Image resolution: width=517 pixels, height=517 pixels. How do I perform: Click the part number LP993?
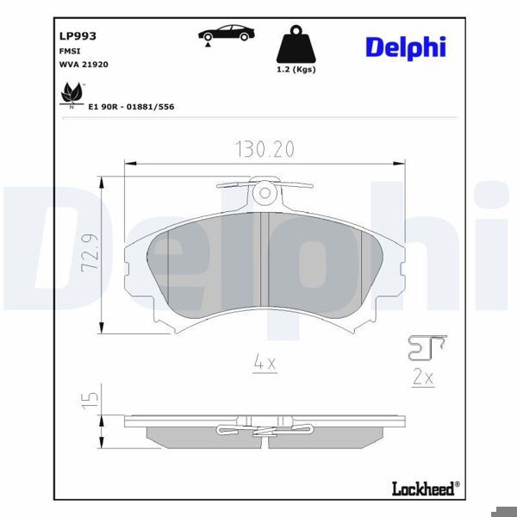click(77, 36)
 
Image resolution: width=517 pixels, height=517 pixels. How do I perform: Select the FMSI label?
click(69, 51)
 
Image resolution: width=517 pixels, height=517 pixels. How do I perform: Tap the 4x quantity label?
click(264, 364)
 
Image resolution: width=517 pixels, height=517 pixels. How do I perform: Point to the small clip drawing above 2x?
click(426, 346)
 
